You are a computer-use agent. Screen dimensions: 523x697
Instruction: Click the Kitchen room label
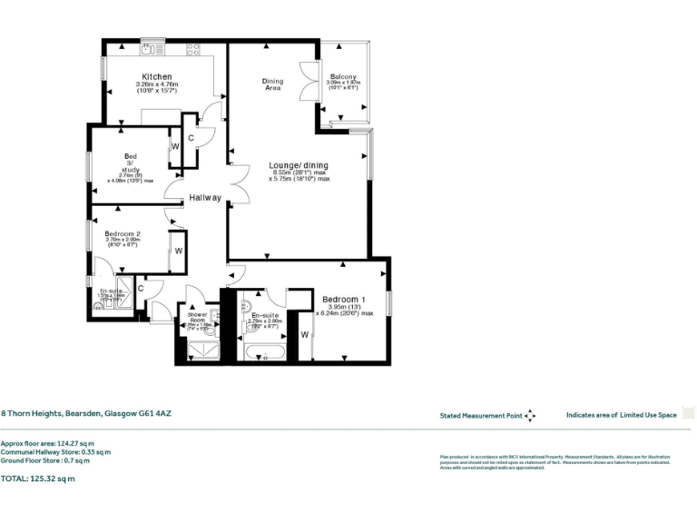tap(156, 76)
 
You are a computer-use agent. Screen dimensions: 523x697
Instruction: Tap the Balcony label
tap(343, 76)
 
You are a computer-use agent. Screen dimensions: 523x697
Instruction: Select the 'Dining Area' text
tap(272, 84)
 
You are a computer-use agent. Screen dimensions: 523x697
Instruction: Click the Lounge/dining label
tap(298, 165)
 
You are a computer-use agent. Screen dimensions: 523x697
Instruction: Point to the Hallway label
tap(204, 197)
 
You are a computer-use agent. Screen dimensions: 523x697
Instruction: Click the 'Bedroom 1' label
tap(344, 299)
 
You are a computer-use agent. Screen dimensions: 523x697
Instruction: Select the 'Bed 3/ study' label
tap(132, 162)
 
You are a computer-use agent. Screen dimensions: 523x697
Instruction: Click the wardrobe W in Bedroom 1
tap(304, 335)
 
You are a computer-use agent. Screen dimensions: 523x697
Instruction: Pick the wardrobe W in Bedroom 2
tap(179, 251)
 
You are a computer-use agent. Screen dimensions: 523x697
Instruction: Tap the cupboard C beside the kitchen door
tap(191, 137)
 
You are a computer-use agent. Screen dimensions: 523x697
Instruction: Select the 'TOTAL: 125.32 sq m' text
tap(38, 478)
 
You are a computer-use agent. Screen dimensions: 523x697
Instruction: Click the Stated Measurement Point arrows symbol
tap(530, 415)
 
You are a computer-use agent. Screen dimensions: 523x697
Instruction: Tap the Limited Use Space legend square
tap(688, 414)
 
